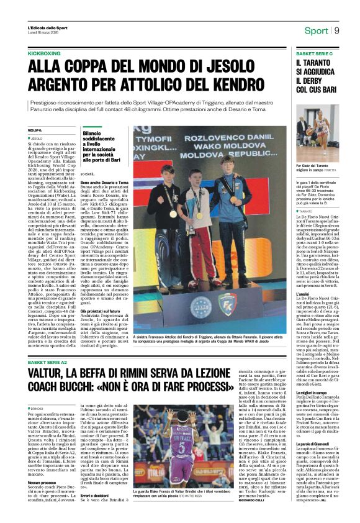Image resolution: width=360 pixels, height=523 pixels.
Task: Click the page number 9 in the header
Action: (337, 30)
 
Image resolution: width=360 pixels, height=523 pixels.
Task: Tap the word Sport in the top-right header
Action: (316, 31)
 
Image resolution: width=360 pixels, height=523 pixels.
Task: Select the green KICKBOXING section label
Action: (44, 54)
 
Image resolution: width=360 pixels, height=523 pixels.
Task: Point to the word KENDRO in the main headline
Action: (243, 81)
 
